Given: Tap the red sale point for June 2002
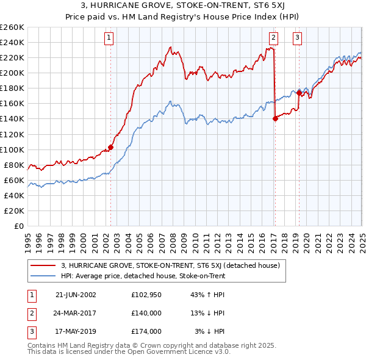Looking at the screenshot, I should coord(111,147).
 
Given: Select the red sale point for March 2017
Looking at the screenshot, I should coord(275,118).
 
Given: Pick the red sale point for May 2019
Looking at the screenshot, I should coord(299,93).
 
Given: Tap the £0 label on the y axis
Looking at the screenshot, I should coord(18,226).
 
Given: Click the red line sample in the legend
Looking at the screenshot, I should coord(43,265).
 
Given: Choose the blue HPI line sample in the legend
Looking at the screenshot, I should coord(43,276).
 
